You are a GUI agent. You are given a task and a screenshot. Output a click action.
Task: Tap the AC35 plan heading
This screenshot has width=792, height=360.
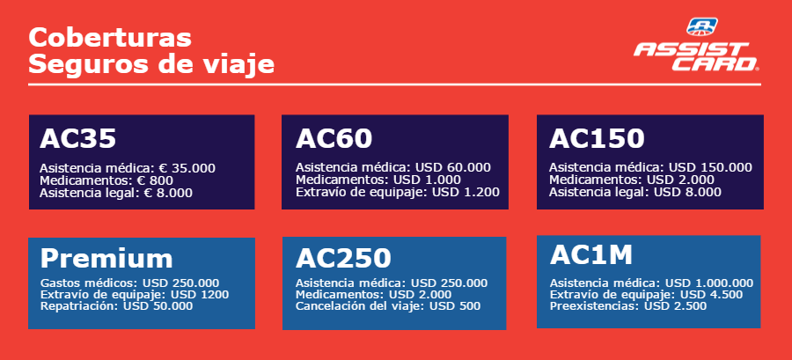78,138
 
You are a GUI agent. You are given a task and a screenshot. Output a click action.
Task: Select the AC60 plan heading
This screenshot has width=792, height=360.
334,138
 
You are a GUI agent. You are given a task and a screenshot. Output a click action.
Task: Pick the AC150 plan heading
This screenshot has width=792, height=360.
597,138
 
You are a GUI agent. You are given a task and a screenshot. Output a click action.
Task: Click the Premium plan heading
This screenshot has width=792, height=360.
106,258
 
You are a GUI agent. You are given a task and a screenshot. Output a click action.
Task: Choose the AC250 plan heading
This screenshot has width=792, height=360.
343,258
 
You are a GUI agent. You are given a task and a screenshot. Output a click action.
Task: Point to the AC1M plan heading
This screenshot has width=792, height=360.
591,255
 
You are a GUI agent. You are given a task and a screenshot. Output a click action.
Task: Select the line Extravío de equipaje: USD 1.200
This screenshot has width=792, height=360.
398,193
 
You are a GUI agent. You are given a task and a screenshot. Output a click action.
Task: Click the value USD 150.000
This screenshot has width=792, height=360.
711,167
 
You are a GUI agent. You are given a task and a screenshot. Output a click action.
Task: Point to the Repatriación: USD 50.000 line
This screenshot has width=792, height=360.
117,306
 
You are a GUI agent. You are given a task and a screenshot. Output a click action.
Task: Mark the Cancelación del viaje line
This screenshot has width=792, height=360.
388,306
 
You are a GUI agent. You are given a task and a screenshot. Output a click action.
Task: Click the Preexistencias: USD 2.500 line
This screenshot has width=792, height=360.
628,306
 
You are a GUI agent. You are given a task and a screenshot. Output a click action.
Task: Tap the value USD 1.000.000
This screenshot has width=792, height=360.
709,283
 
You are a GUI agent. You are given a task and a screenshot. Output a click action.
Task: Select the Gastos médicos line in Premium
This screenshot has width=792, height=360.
130,283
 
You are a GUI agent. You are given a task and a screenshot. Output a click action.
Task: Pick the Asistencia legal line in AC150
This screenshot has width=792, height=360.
635,193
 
